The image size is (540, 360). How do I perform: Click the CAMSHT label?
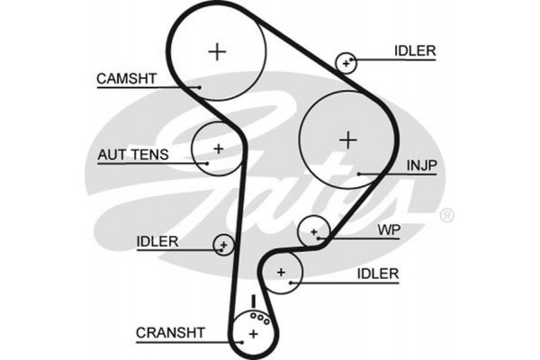point(127,79)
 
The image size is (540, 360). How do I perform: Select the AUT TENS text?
point(132,155)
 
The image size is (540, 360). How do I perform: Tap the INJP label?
point(421,165)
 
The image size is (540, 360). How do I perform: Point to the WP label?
point(389,230)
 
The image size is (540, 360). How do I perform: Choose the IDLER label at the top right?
point(414,51)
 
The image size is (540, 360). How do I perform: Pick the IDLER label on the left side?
point(157,241)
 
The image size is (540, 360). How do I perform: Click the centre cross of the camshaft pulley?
point(217,51)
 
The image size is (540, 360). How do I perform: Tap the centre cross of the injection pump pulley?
point(347,139)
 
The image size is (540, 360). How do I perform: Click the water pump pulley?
point(314,232)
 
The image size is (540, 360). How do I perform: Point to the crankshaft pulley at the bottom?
point(253,334)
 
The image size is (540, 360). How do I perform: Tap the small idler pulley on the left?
point(223,243)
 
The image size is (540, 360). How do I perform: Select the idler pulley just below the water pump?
point(282,271)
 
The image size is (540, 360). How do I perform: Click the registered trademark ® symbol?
point(447,216)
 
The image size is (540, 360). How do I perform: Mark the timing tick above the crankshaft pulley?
point(255,299)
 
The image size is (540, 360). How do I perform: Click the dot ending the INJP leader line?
point(358,172)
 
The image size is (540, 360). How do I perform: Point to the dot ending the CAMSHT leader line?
point(200,87)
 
